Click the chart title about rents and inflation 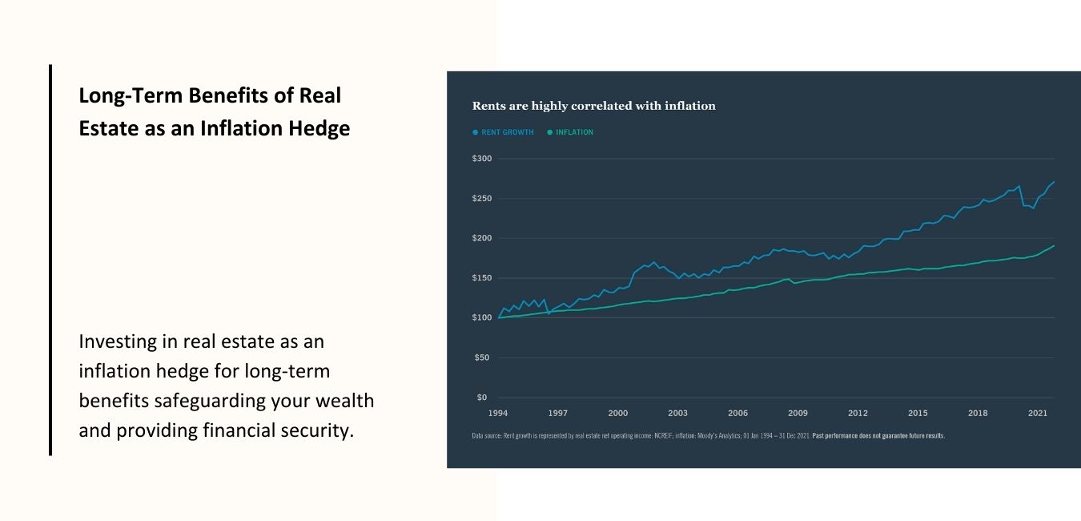[593, 106]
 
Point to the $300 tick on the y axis [482, 159]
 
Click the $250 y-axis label [482, 199]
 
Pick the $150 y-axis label [482, 278]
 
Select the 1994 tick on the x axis [498, 414]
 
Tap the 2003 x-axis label [678, 414]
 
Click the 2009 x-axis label [798, 414]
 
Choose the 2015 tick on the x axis [918, 414]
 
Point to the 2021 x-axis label [1038, 414]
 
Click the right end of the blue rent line [1054, 182]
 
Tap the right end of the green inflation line [1054, 246]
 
